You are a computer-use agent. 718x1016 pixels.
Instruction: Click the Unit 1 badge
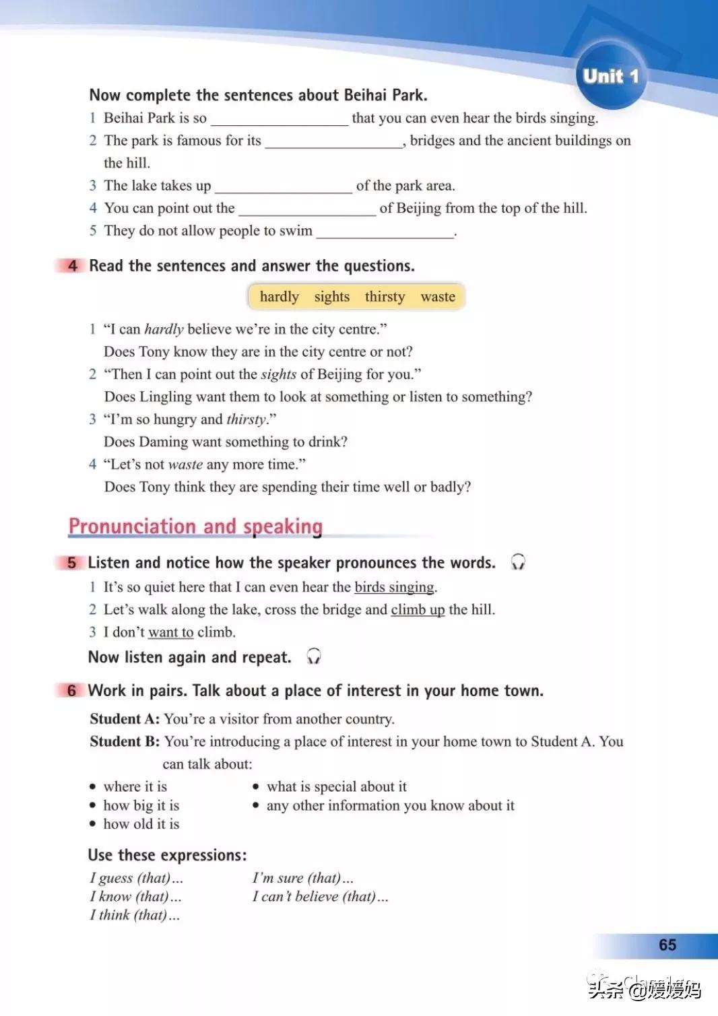[610, 76]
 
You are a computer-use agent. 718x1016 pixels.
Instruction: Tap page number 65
[667, 945]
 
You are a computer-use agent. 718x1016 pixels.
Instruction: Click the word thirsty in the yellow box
[385, 297]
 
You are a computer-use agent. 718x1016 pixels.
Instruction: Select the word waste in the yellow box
[438, 297]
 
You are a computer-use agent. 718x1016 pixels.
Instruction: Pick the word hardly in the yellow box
[279, 297]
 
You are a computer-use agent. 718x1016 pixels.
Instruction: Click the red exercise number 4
[72, 266]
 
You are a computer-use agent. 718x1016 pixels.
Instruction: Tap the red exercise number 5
[71, 563]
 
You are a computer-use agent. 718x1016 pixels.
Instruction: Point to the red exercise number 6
[71, 691]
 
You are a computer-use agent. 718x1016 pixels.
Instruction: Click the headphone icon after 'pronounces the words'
[517, 562]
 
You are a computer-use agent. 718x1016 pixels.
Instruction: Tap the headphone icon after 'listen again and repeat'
[313, 656]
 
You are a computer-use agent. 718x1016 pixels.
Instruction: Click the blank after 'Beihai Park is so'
[280, 120]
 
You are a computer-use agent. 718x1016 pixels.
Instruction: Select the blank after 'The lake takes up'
[283, 187]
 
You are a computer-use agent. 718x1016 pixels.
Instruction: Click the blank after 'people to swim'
[385, 232]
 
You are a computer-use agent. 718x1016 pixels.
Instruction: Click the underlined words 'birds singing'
[394, 587]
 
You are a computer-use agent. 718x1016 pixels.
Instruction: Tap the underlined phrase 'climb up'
[418, 610]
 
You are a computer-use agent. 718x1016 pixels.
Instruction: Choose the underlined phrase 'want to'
[170, 632]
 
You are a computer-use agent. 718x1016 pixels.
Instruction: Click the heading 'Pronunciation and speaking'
[195, 527]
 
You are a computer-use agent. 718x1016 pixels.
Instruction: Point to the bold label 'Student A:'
[125, 719]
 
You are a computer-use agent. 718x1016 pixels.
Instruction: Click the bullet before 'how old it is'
[93, 824]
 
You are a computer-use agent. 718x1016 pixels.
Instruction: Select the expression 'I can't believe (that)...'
[320, 897]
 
